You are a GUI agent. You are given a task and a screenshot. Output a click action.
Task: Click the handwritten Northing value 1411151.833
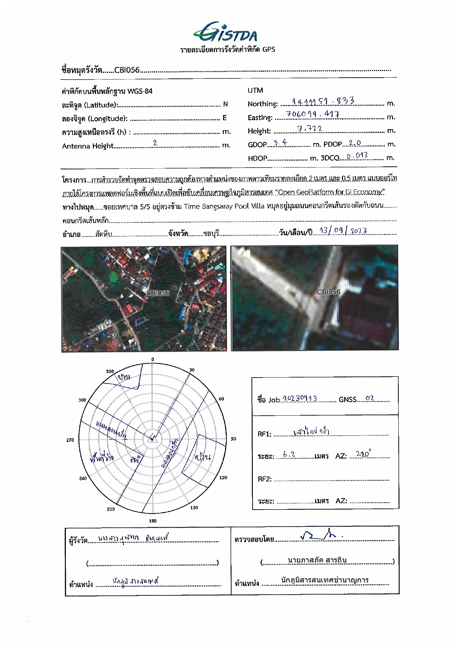coord(323,101)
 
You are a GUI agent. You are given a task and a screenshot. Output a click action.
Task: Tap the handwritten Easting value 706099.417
coord(313,114)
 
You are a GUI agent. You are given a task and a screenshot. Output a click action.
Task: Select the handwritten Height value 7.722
coord(310,128)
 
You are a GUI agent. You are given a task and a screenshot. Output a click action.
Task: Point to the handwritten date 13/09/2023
coord(343,231)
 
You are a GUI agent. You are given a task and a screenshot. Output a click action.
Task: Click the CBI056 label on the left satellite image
coord(158,293)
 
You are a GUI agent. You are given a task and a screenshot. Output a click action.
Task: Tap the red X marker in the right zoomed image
coord(314,298)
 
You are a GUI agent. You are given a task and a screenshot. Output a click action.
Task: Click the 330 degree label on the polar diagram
coord(110,371)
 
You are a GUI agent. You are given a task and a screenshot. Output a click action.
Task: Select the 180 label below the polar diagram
coord(152,521)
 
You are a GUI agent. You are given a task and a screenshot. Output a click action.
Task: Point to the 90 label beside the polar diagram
coord(233,439)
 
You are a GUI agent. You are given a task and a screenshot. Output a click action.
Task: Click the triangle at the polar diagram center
coord(152,437)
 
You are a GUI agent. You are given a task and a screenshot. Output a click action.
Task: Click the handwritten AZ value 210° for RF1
coord(362,454)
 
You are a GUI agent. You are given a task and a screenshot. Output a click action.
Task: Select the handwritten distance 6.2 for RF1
coord(289,454)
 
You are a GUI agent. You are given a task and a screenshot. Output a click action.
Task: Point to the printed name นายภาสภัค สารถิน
coord(317,560)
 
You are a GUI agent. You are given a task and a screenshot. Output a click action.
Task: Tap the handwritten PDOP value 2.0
coord(352,143)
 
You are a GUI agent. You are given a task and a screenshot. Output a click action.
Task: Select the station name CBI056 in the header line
coord(126,70)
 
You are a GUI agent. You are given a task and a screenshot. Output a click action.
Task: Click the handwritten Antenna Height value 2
coord(155,143)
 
